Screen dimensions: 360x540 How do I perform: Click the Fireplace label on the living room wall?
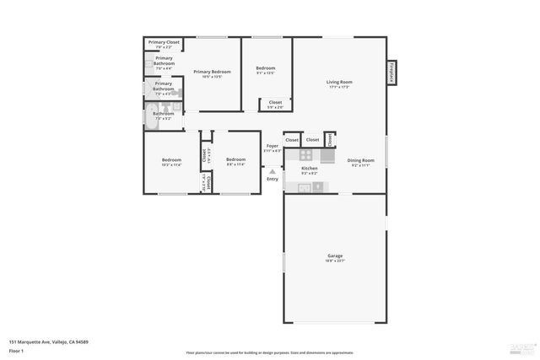click(391, 73)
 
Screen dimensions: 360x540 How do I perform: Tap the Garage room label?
click(335, 255)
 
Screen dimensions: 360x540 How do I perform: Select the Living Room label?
click(339, 82)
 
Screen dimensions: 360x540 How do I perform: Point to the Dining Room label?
click(360, 160)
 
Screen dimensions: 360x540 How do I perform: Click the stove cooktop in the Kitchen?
click(305, 155)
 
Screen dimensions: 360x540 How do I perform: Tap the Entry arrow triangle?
click(272, 171)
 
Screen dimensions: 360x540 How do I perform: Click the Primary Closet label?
click(164, 42)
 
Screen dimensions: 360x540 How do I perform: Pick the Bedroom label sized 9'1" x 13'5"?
click(265, 67)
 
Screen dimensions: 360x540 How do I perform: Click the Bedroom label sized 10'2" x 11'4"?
click(172, 159)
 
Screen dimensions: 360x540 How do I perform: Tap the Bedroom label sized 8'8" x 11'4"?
click(235, 159)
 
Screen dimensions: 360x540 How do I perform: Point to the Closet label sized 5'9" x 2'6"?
click(275, 102)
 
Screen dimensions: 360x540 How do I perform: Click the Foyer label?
click(273, 146)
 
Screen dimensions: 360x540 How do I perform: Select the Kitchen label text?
click(310, 169)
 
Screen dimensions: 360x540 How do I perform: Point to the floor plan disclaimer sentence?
click(270, 353)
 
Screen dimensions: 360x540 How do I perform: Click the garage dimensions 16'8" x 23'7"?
click(335, 261)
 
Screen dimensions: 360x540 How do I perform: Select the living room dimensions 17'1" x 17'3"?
click(339, 87)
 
